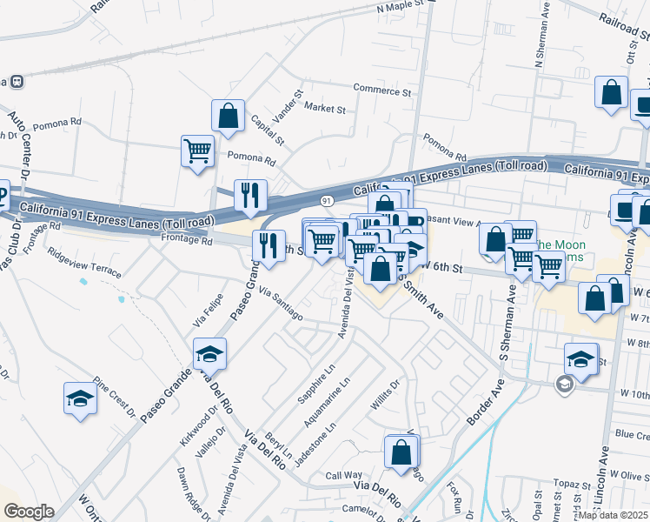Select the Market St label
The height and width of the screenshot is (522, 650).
(x=325, y=109)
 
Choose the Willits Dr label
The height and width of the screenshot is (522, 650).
(x=385, y=397)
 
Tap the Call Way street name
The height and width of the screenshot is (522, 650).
(x=343, y=475)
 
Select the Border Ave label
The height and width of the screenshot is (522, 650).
(x=483, y=401)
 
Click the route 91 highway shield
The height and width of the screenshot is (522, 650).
(x=327, y=200)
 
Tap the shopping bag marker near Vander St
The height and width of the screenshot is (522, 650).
(x=228, y=116)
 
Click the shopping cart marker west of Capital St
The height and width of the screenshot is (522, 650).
(x=198, y=150)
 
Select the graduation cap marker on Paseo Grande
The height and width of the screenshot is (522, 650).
(x=209, y=354)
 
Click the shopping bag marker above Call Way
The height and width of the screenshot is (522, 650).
(x=401, y=452)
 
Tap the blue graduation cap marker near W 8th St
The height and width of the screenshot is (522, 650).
(x=581, y=358)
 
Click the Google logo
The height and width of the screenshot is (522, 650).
(x=29, y=512)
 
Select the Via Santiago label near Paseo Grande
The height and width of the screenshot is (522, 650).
(x=280, y=306)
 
